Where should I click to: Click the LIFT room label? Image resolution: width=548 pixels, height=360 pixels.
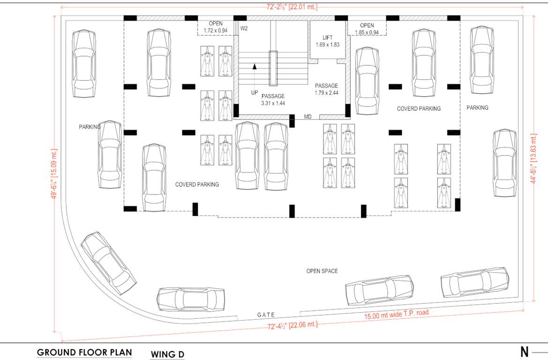[327, 37]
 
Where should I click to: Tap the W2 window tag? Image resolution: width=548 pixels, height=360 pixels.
[244, 29]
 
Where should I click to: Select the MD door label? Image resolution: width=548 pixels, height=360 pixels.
[308, 116]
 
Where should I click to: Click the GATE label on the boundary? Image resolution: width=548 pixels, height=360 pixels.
[266, 315]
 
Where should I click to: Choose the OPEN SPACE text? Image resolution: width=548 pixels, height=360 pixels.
[322, 271]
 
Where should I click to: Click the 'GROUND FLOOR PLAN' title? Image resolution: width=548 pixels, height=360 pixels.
[84, 352]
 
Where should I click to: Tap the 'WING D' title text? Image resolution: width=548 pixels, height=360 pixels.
[167, 354]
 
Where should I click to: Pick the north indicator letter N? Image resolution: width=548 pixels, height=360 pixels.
[524, 352]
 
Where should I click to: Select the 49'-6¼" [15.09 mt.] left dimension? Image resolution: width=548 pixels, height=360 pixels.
[55, 174]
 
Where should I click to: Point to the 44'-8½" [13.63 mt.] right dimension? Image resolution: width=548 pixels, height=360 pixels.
[533, 157]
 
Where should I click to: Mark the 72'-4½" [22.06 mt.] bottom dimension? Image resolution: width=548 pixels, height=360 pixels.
[292, 325]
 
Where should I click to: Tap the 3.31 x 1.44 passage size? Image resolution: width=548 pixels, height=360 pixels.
[273, 103]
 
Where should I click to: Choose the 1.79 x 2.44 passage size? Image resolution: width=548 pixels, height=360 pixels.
[326, 93]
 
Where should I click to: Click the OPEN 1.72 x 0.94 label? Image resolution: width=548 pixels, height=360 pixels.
[216, 27]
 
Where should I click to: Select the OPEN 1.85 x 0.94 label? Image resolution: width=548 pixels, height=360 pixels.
[367, 29]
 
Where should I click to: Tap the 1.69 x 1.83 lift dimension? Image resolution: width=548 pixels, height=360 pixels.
[327, 45]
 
